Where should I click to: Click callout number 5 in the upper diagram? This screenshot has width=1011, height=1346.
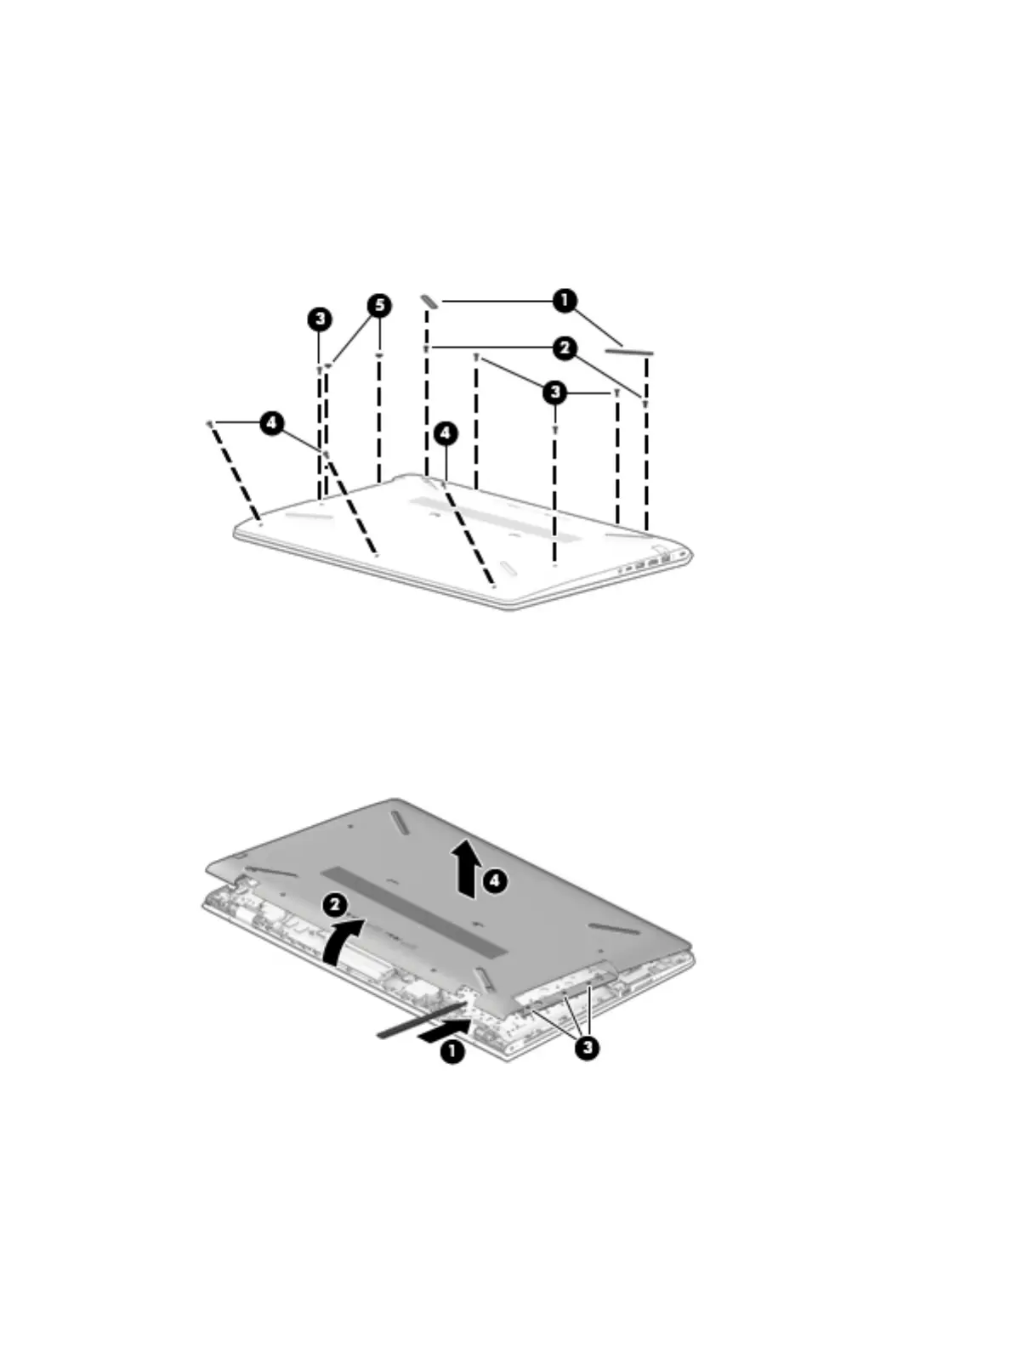[x=380, y=305]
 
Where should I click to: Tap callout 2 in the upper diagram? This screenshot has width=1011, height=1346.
[x=564, y=348]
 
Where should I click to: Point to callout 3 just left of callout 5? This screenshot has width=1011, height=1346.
[x=319, y=319]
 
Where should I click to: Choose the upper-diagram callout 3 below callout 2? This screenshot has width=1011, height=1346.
[x=554, y=392]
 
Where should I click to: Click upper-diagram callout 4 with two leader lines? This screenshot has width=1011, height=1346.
[x=271, y=422]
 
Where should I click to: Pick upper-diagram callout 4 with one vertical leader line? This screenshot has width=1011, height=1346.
[x=445, y=433]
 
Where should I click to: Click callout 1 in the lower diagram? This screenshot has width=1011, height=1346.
[x=452, y=1051]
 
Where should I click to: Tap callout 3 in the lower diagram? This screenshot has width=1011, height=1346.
[x=586, y=1048]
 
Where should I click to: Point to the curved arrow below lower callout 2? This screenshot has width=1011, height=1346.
[x=344, y=941]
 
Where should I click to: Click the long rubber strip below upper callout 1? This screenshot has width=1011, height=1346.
[x=629, y=349]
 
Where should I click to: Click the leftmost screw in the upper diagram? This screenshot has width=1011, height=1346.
[x=209, y=422]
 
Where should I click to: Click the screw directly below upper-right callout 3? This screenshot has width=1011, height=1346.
[x=554, y=431]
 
